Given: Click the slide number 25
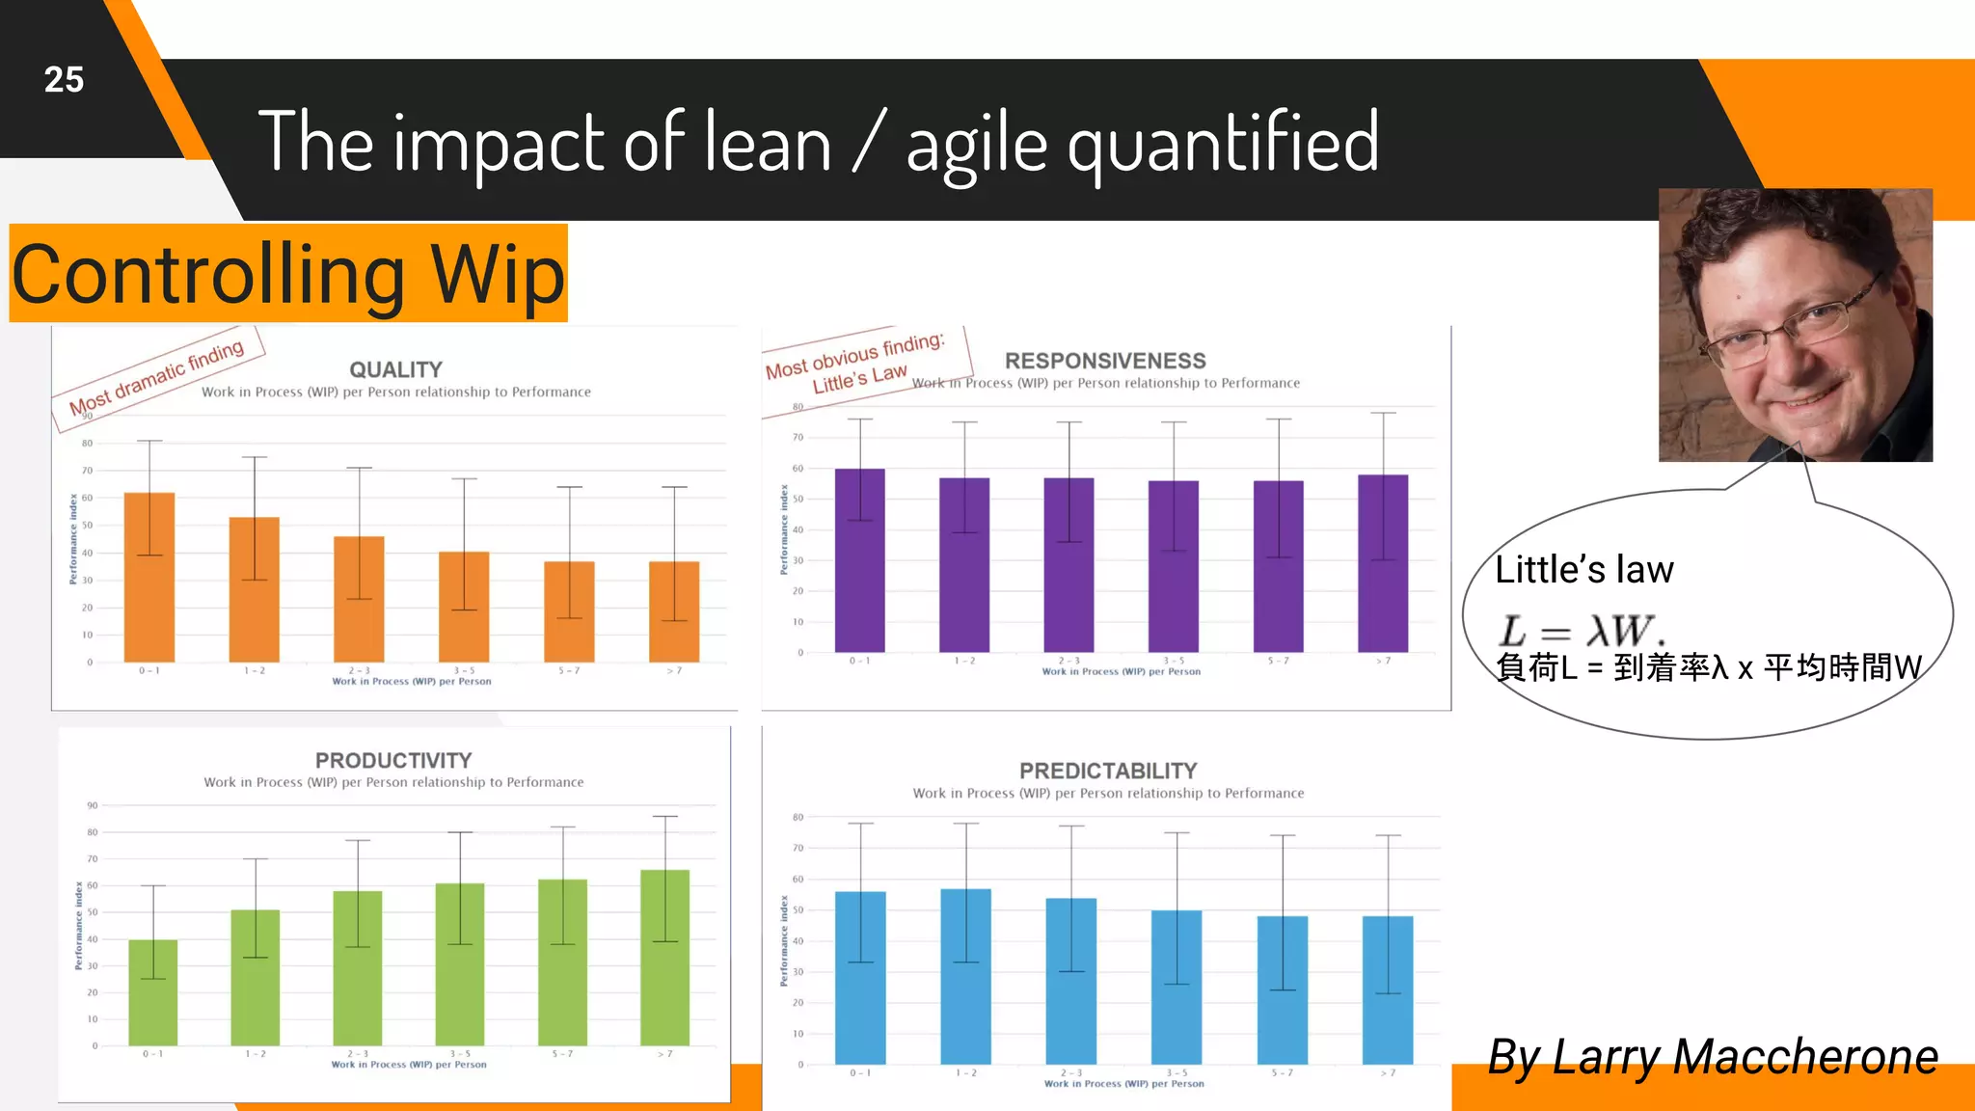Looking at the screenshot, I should (x=64, y=79).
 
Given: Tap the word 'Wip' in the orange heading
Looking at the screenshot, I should (x=496, y=274).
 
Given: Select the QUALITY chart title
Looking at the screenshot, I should (x=395, y=369).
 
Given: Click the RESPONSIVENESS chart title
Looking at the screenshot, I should (x=1105, y=361).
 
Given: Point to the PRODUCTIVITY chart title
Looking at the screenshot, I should (x=393, y=760).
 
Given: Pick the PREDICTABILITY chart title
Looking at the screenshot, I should (x=1108, y=771).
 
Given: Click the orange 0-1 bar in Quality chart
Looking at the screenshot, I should (x=149, y=579).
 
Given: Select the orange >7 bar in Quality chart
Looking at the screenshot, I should (x=674, y=612).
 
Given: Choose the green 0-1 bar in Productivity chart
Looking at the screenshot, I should (x=153, y=993).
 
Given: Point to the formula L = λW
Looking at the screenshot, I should (x=1582, y=631).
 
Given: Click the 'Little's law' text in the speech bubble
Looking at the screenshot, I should (x=1583, y=570).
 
